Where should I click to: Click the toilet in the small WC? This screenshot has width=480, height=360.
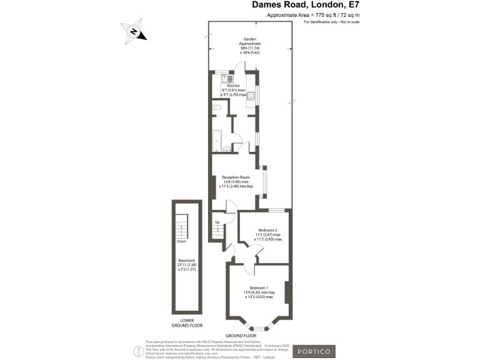point(217,108)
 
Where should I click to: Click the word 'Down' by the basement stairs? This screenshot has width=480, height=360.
point(181,241)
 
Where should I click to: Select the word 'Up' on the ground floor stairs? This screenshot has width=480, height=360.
point(217,222)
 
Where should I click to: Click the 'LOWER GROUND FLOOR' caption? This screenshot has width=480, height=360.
point(186,323)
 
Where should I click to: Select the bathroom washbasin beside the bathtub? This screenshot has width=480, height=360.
point(227,149)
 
